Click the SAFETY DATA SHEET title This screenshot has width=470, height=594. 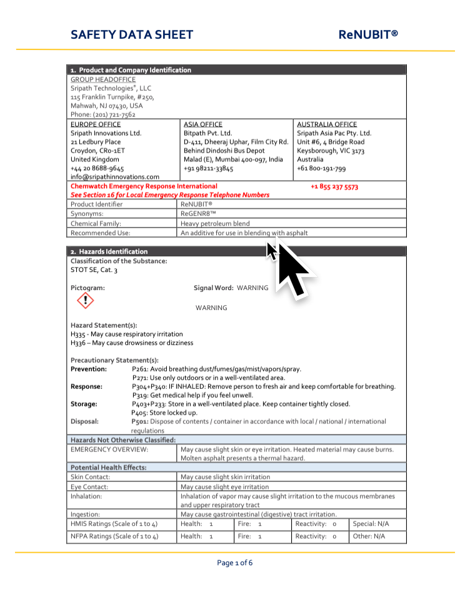pos(132,35)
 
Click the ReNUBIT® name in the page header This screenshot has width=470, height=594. pos(368,35)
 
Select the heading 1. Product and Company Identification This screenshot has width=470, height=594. pos(131,70)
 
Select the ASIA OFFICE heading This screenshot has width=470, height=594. pos(202,124)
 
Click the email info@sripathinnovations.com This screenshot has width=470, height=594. pos(115,177)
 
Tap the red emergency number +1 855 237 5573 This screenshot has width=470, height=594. pos(334,186)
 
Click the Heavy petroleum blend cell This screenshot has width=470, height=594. pos(215,223)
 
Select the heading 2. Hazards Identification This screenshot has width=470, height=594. pos(109,251)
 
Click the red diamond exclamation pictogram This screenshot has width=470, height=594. pos(85,301)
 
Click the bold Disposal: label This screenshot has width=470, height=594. pos(84,421)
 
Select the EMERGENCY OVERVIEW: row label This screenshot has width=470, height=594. pos(109,449)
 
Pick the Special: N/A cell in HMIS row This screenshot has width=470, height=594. pos(371,523)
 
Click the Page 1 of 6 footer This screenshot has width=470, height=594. pos(235,563)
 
